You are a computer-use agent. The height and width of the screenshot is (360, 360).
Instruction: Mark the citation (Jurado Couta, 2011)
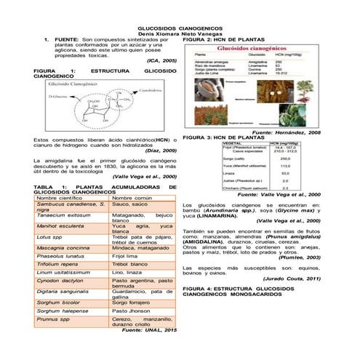pyautogui.click(x=291, y=279)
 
